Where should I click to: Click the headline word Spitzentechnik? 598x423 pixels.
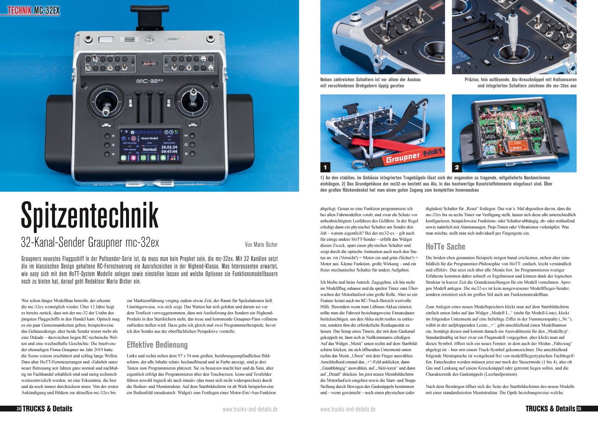(x=90, y=216)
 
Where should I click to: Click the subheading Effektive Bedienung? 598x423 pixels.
(x=157, y=345)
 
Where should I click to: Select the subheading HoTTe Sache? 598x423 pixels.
(x=445, y=247)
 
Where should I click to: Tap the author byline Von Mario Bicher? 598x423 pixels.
(x=261, y=244)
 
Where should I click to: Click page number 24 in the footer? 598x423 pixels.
(x=19, y=409)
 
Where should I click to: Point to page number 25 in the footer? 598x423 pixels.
(x=579, y=409)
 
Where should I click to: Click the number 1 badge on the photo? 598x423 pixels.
(x=325, y=167)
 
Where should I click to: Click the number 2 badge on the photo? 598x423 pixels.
(x=457, y=167)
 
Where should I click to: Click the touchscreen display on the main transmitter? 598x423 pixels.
(x=150, y=146)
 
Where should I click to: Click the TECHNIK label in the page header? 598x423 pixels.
(x=19, y=10)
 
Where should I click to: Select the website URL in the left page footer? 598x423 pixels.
(x=250, y=409)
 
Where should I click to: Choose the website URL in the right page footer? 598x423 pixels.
(x=348, y=409)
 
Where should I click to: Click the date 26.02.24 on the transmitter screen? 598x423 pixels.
(x=169, y=147)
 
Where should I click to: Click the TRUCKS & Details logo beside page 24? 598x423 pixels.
(x=47, y=409)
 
